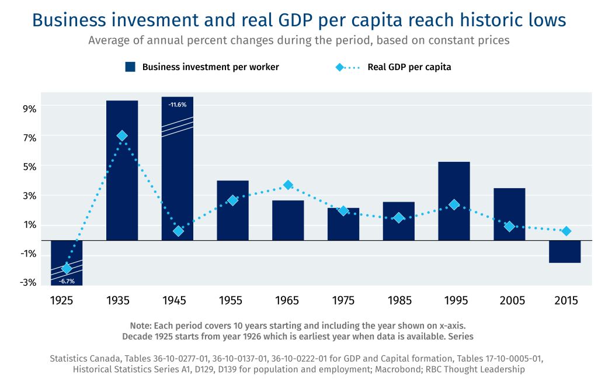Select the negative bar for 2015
click(x=565, y=252)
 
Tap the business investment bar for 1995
click(x=454, y=201)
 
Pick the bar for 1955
click(x=232, y=210)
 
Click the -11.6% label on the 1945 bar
click(x=177, y=105)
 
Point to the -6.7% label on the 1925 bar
click(x=67, y=281)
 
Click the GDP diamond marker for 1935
click(x=122, y=136)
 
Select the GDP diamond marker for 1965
click(x=288, y=185)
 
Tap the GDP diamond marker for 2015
click(x=565, y=231)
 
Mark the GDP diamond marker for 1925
click(x=67, y=268)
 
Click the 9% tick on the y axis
click(x=30, y=109)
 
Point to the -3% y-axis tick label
click(x=28, y=283)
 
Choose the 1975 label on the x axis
click(x=343, y=301)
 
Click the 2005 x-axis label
click(x=509, y=301)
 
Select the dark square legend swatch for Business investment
click(x=130, y=67)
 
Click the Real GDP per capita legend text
click(x=409, y=67)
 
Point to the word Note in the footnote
click(x=141, y=325)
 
